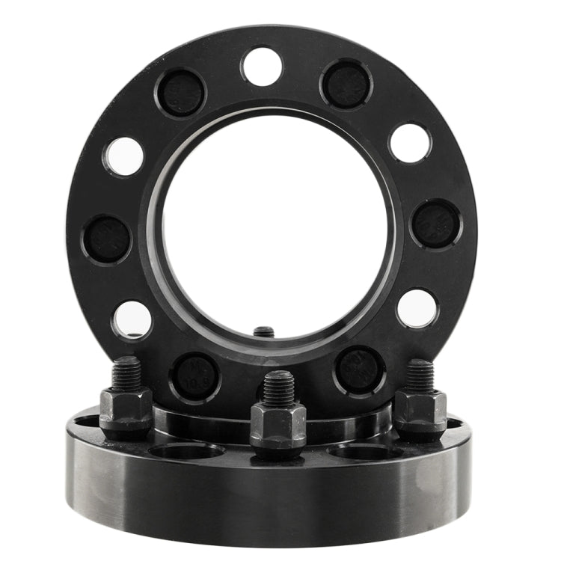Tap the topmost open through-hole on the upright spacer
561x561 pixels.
coord(262,67)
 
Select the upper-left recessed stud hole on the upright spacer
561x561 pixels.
coord(180,92)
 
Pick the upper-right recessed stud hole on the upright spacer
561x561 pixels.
coord(345,84)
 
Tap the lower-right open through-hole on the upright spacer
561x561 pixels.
coord(417,308)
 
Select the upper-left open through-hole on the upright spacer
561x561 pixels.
coord(124,156)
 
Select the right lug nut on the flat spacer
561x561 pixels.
coord(420,410)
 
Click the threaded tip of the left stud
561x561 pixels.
coord(128,371)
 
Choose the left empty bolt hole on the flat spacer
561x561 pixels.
coord(186,451)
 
